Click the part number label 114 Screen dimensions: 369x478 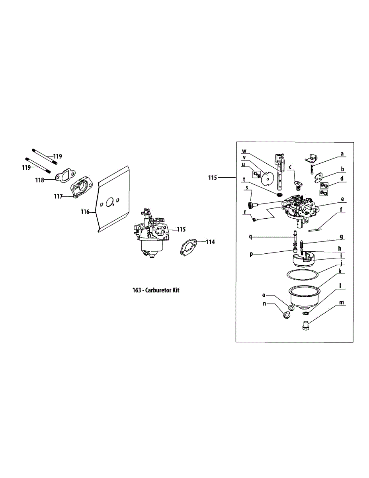click(x=210, y=242)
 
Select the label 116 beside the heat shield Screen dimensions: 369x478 click(x=85, y=212)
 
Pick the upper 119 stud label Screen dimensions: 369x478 click(x=58, y=157)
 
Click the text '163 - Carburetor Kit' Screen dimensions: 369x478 click(x=156, y=290)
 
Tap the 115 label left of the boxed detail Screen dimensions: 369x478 click(x=213, y=178)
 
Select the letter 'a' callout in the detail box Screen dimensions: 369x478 click(x=342, y=153)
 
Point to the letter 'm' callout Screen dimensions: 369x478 click(x=341, y=303)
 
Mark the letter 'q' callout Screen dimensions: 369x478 click(x=251, y=236)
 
